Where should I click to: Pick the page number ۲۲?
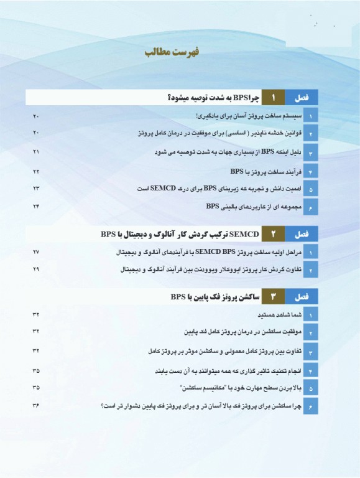click(36, 171)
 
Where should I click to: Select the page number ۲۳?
click(36, 188)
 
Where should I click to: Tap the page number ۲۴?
click(36, 206)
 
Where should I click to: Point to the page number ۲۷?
click(36, 252)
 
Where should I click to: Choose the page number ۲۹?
click(36, 269)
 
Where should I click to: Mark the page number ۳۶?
click(36, 406)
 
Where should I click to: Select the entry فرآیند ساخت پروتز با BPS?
click(264, 171)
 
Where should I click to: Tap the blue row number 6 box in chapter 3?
click(310, 406)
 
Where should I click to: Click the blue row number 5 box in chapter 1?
click(310, 189)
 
